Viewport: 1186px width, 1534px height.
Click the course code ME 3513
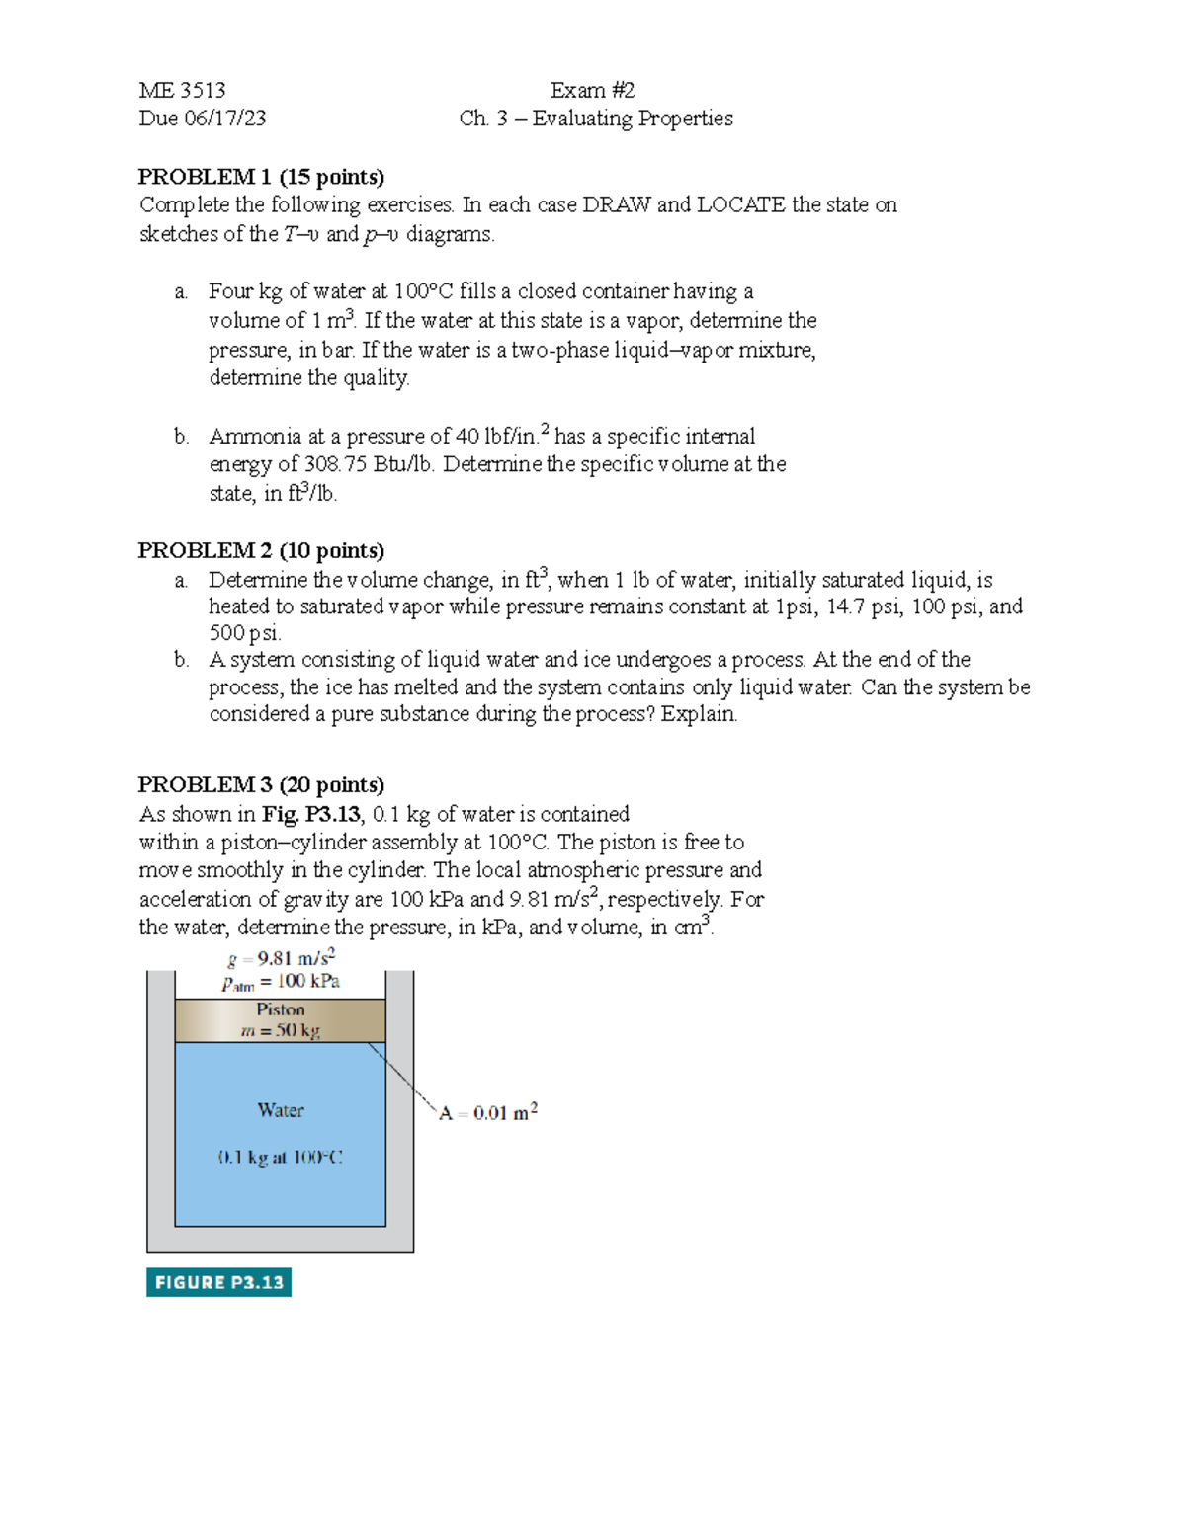tap(182, 91)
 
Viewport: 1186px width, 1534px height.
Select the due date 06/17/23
tap(229, 119)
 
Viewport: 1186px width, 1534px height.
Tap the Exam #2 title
tap(592, 91)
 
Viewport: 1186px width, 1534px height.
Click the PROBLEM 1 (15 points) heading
tap(261, 177)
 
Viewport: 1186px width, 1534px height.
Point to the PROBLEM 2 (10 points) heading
tap(261, 550)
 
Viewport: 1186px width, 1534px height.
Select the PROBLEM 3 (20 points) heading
tap(261, 784)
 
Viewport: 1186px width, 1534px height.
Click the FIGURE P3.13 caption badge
tap(218, 1282)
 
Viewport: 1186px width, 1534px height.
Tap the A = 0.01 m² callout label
tap(488, 1112)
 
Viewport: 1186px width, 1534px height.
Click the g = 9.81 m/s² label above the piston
tap(282, 958)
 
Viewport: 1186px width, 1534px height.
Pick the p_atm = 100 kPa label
tap(281, 982)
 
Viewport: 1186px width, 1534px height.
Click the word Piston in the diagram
tap(281, 1009)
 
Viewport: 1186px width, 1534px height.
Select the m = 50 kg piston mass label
tap(281, 1030)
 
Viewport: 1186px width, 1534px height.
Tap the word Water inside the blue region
tap(281, 1110)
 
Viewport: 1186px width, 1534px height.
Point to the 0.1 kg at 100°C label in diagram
tap(281, 1157)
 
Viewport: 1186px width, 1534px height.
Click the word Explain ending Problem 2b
tap(699, 714)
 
